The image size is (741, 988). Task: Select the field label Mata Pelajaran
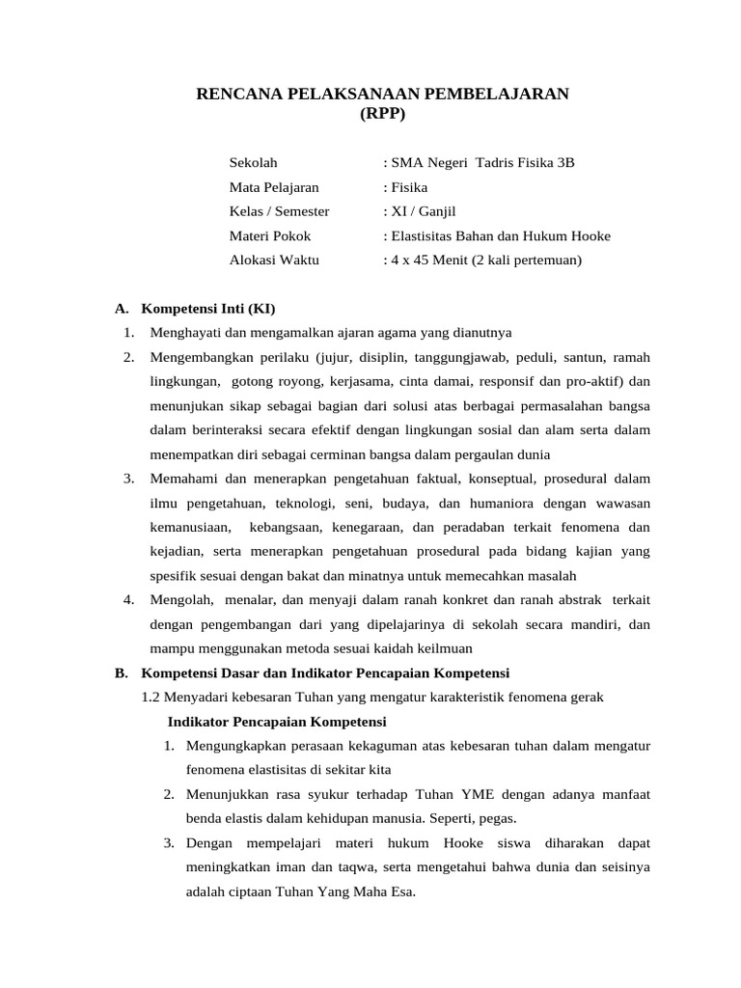[x=274, y=187]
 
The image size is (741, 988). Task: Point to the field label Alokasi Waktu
[x=274, y=260]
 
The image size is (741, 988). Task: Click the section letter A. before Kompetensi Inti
[x=121, y=309]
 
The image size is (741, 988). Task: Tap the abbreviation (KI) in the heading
[x=261, y=309]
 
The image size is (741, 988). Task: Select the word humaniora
[x=502, y=504]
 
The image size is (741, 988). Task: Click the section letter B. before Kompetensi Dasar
[x=121, y=672]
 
